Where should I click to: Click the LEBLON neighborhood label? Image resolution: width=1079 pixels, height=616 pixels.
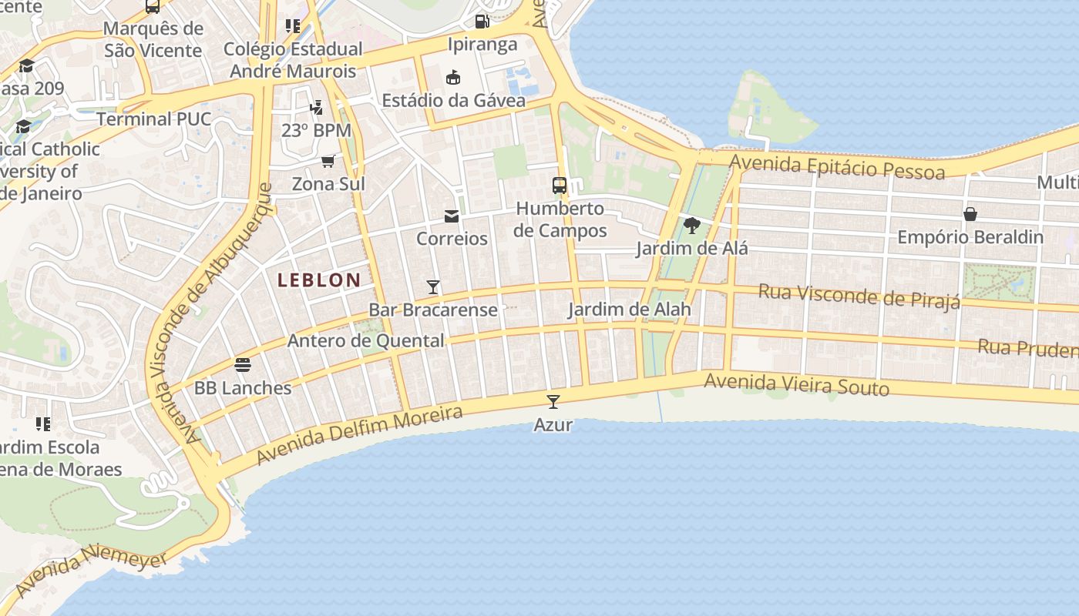tap(319, 280)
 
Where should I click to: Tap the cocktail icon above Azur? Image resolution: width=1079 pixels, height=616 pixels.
tap(553, 401)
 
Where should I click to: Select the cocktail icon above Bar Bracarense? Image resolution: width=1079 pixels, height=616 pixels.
tap(433, 287)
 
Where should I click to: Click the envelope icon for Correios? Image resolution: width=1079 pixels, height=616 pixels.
tap(452, 216)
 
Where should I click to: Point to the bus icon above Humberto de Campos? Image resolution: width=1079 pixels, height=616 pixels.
tap(560, 186)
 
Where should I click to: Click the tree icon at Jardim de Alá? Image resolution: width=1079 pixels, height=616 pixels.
tap(692, 226)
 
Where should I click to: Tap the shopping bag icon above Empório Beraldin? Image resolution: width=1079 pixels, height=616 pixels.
tap(970, 214)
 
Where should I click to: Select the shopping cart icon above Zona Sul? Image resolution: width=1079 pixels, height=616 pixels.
tap(328, 161)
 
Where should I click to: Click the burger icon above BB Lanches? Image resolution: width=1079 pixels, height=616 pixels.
tap(243, 364)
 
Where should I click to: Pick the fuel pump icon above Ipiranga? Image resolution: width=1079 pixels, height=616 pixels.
tap(482, 21)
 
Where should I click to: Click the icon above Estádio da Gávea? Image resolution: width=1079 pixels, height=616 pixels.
tap(453, 77)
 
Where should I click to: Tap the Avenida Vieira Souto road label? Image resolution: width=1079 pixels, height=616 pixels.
tap(796, 384)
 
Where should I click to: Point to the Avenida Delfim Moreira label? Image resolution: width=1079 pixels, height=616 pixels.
tap(359, 435)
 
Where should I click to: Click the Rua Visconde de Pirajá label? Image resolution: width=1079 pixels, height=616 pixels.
tap(859, 296)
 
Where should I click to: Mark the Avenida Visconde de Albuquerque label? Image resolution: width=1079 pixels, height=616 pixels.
tap(224, 312)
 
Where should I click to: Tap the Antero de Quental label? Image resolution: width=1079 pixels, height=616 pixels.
tap(365, 340)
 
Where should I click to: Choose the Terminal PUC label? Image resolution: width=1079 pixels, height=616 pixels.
tap(153, 119)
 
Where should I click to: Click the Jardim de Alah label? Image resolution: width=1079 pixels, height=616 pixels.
tap(629, 310)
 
